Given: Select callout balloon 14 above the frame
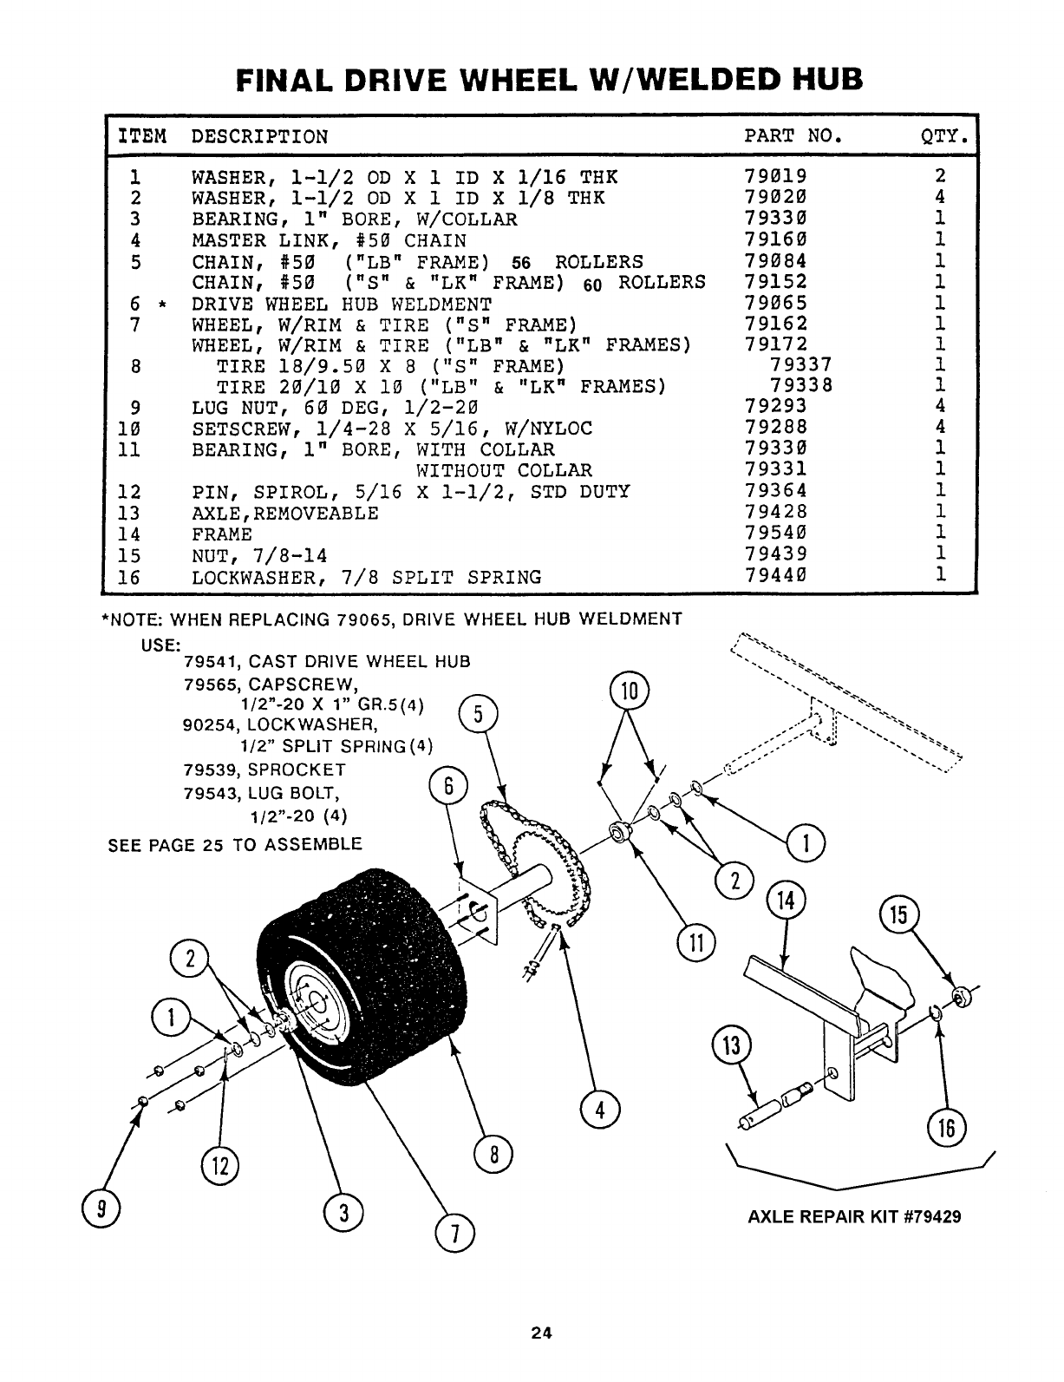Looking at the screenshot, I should [x=786, y=902].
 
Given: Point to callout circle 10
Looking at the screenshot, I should [x=630, y=691].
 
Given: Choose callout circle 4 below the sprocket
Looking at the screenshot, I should [x=599, y=1110].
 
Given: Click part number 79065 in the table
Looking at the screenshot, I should [x=776, y=304].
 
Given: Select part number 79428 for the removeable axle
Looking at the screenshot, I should [x=776, y=513].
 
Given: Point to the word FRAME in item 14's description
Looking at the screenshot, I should [x=222, y=534].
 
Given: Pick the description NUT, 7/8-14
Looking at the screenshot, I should [x=259, y=555].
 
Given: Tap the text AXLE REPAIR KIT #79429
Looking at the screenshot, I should [x=854, y=1216].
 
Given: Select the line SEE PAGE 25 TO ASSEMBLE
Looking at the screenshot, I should [x=235, y=844].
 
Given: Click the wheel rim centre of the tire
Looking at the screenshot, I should [x=319, y=1006].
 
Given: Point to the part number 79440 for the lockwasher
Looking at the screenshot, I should [x=776, y=576].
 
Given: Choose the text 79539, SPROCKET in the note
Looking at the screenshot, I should [x=265, y=770].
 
